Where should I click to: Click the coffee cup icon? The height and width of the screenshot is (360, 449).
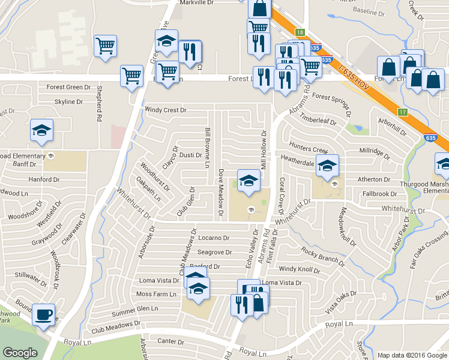coord(43,315)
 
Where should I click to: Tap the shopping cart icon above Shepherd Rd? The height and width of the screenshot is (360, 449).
coord(106,46)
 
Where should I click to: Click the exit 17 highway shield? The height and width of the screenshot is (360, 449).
coord(403,112)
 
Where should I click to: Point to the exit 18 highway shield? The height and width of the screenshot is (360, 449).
coord(300,32)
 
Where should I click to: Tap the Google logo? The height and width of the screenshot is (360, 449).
coord(20,353)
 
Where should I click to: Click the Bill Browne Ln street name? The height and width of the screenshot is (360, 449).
coord(207,147)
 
